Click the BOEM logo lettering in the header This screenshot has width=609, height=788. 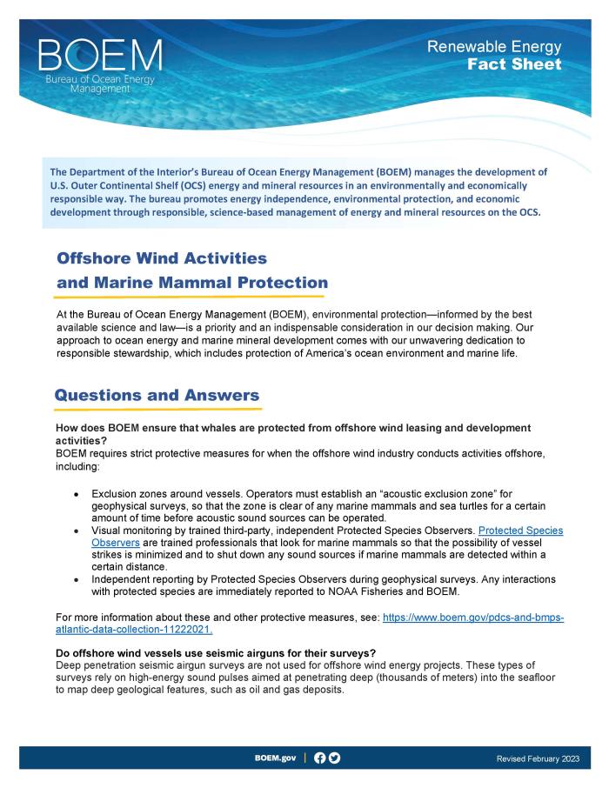[x=100, y=56]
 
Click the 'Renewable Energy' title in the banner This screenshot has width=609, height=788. [x=494, y=47]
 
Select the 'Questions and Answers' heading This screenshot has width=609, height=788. [x=157, y=395]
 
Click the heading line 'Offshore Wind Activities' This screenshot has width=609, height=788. [x=161, y=258]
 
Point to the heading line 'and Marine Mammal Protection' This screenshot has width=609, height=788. [x=192, y=283]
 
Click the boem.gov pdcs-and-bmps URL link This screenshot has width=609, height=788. [x=473, y=617]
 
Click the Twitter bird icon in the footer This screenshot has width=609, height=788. [x=335, y=758]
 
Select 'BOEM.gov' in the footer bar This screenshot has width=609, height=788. [x=275, y=758]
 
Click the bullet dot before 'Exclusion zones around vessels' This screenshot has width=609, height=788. [x=78, y=493]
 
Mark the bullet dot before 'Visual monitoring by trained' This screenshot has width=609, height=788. [x=78, y=530]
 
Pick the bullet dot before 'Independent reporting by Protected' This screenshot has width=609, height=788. [x=78, y=579]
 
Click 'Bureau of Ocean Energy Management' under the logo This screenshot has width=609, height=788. [x=100, y=84]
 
